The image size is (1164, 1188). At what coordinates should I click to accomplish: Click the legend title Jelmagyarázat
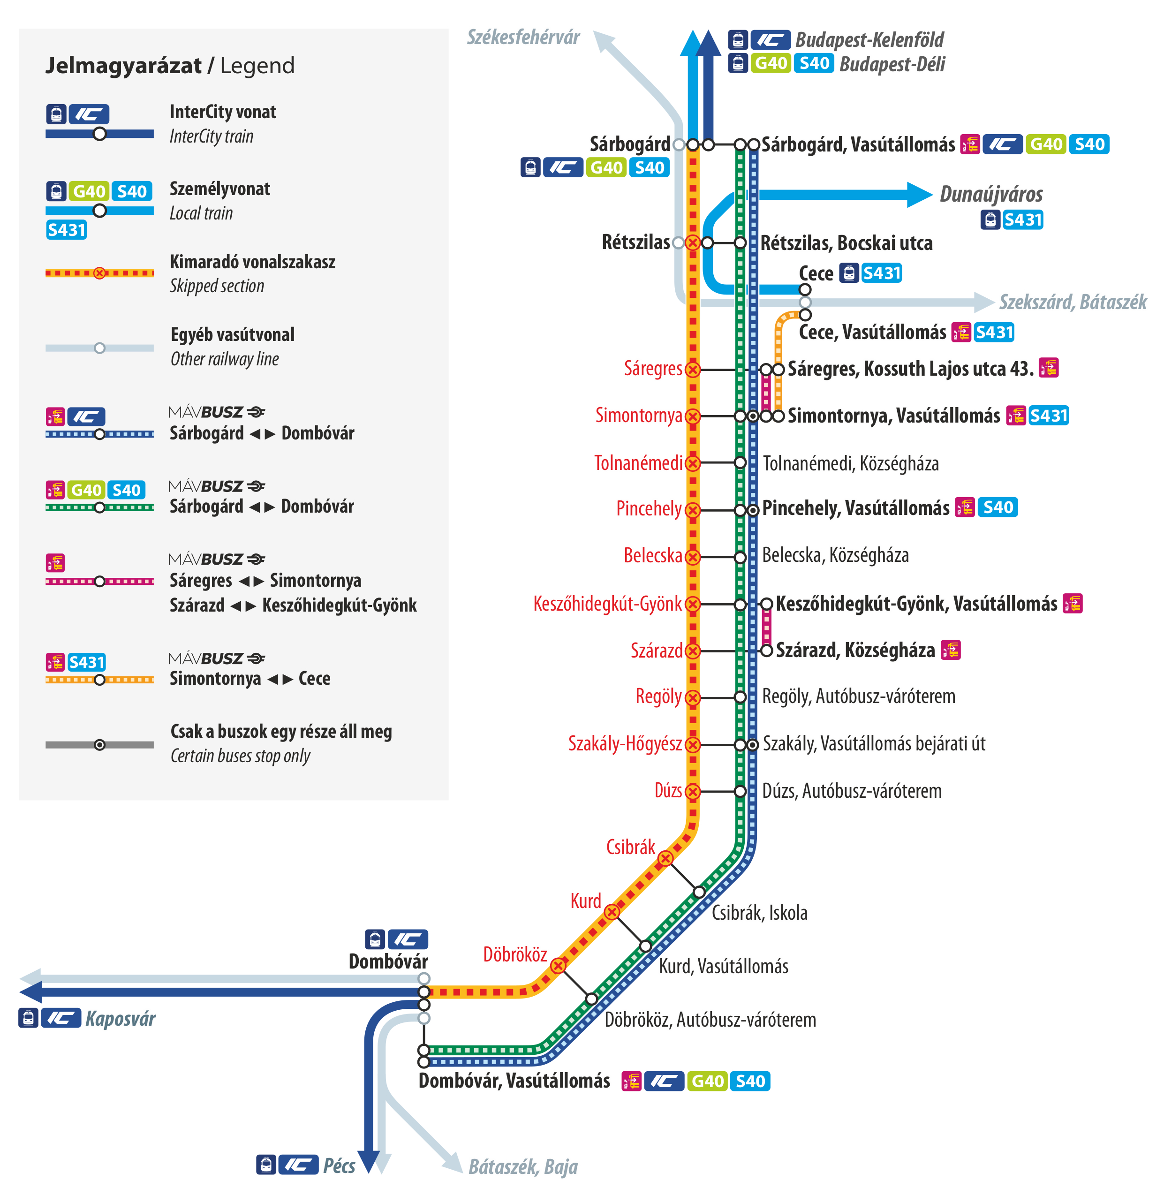click(123, 65)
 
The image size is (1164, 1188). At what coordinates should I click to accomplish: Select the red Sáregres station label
click(653, 368)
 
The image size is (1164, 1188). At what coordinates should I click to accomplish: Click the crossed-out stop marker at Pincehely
click(692, 510)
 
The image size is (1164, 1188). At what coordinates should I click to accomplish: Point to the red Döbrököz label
click(515, 954)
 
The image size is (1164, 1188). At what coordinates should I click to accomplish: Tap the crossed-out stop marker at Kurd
click(612, 912)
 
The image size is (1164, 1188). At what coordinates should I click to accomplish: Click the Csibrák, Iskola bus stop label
click(759, 912)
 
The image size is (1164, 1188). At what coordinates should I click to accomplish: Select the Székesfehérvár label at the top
click(523, 38)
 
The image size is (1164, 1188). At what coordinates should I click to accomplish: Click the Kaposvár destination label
click(121, 1019)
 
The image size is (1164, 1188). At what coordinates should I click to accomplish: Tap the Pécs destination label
click(339, 1165)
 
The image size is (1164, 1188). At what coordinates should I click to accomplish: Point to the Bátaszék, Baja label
click(523, 1166)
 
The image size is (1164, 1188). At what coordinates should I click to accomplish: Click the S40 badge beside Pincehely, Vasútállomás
click(998, 507)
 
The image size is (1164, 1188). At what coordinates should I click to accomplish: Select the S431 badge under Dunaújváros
click(1023, 219)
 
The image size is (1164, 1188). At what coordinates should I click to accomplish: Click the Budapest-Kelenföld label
click(869, 40)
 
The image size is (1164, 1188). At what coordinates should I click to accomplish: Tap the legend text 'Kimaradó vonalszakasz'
click(252, 262)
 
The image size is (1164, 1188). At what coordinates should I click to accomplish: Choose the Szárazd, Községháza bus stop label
click(855, 650)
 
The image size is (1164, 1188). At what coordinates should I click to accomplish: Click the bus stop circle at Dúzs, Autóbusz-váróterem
click(741, 791)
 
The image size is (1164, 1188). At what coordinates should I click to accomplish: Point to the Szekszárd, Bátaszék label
click(1073, 302)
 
